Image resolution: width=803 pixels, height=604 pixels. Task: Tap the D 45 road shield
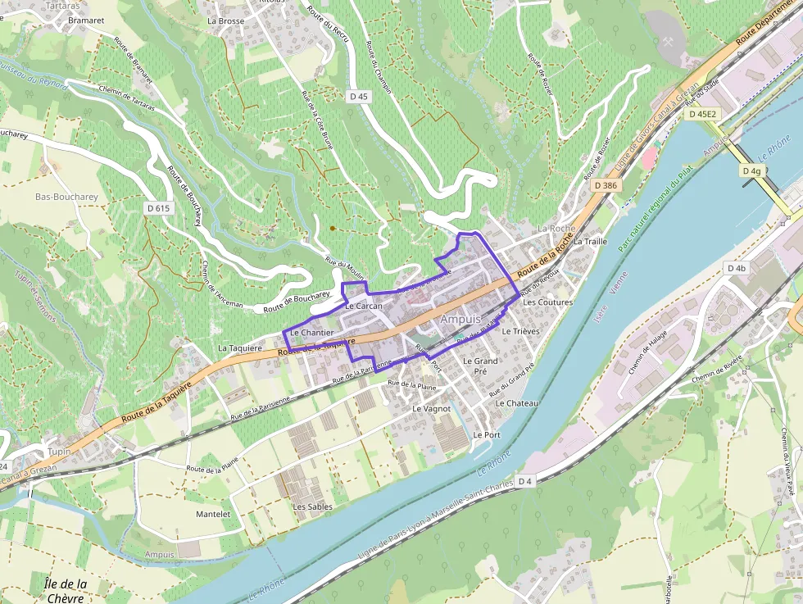pyautogui.click(x=359, y=96)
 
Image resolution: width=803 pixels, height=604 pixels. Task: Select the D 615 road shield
pyautogui.click(x=158, y=208)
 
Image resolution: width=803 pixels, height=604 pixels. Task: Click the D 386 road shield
pyautogui.click(x=605, y=185)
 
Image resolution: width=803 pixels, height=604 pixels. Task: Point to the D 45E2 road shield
pyautogui.click(x=702, y=114)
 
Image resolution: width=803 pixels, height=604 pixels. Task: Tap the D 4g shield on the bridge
pyautogui.click(x=751, y=170)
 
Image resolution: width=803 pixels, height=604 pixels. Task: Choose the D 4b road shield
pyautogui.click(x=736, y=268)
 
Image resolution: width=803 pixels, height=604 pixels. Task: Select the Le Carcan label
pyautogui.click(x=364, y=306)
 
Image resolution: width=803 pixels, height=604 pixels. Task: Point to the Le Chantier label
pyautogui.click(x=311, y=333)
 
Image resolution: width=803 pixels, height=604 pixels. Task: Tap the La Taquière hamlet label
pyautogui.click(x=240, y=347)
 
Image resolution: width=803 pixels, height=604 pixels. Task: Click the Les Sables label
pyautogui.click(x=313, y=506)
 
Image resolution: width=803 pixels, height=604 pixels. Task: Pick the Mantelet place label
pyautogui.click(x=213, y=514)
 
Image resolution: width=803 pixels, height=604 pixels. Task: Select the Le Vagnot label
pyautogui.click(x=432, y=407)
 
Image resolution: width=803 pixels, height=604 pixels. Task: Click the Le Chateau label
pyautogui.click(x=516, y=403)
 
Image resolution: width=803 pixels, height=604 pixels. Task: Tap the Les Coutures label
pyautogui.click(x=547, y=302)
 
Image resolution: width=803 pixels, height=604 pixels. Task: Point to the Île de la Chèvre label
pyautogui.click(x=66, y=590)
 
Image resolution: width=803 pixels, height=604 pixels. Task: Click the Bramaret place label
pyautogui.click(x=87, y=20)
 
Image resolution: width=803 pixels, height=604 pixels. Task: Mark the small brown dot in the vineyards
pyautogui.click(x=332, y=228)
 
